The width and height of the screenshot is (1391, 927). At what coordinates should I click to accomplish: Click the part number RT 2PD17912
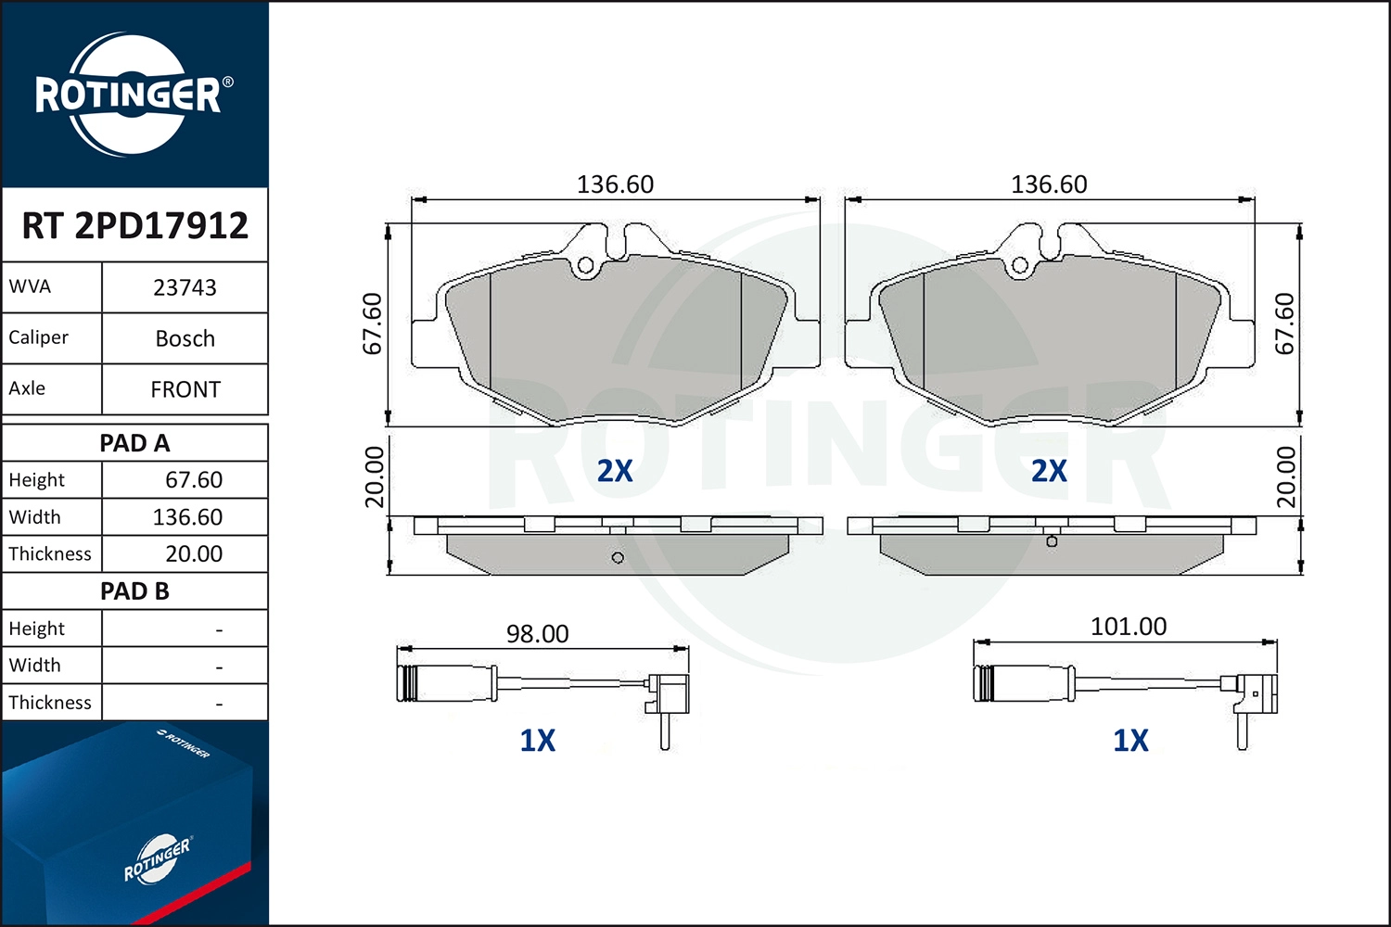click(x=134, y=225)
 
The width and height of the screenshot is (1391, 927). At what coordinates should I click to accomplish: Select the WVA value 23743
click(x=185, y=287)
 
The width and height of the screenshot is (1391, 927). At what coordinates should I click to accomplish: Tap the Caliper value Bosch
click(x=185, y=338)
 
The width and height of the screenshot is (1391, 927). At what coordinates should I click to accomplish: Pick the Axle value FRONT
click(x=185, y=389)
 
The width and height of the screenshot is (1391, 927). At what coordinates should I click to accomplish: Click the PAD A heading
click(x=134, y=443)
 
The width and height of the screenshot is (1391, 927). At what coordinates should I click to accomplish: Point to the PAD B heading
click(x=134, y=591)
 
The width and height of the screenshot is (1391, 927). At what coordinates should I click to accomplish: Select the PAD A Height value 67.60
click(x=193, y=480)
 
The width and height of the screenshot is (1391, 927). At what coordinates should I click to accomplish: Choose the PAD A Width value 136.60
click(x=187, y=517)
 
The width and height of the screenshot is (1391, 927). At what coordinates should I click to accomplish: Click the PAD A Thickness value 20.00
click(x=193, y=554)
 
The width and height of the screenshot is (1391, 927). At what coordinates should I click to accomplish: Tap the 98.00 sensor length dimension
click(x=537, y=634)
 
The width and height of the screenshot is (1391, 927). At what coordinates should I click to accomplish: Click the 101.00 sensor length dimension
click(x=1128, y=627)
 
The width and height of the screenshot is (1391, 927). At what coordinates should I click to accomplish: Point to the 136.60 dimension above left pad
click(x=615, y=184)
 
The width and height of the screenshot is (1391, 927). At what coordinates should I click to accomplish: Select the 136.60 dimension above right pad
click(x=1049, y=184)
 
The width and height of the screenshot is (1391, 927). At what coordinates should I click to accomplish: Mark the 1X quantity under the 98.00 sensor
click(x=537, y=741)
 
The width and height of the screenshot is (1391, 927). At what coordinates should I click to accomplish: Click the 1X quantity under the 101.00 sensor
click(x=1130, y=741)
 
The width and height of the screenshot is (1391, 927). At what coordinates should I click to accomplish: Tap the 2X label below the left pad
click(x=615, y=471)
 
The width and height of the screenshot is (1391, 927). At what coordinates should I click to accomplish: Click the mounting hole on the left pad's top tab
click(x=585, y=266)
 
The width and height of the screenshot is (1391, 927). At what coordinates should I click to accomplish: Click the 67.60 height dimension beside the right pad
click(x=1284, y=324)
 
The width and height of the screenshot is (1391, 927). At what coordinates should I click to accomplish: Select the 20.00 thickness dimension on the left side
click(x=374, y=476)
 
